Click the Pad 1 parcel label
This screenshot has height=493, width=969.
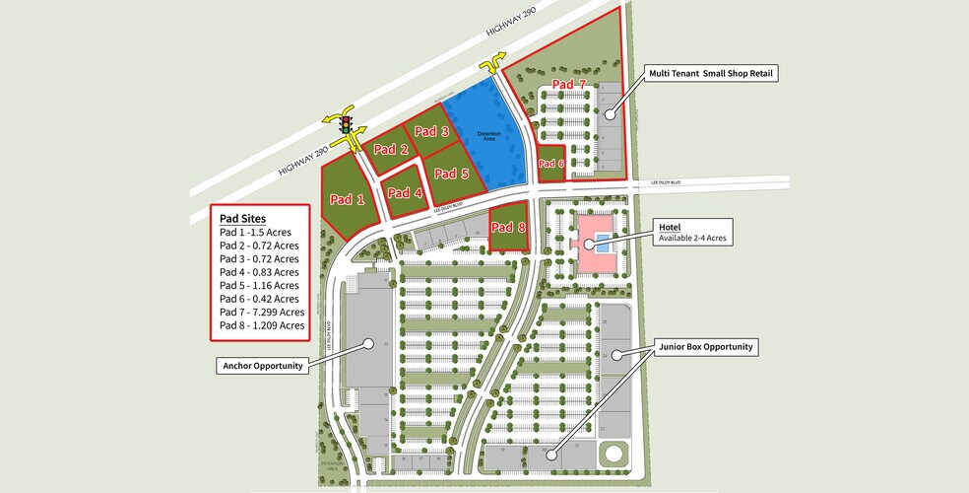347,199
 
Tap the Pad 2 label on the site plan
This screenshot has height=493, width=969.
391,150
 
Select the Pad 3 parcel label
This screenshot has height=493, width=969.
431,131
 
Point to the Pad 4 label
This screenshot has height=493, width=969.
405,193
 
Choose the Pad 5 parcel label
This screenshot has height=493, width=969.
451,175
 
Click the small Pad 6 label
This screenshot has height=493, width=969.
550,164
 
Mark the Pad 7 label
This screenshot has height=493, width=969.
568,84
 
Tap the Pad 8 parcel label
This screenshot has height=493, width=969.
508,226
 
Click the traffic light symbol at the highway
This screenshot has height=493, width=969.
346,125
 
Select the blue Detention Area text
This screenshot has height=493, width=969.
489,136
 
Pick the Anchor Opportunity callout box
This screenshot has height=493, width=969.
262,367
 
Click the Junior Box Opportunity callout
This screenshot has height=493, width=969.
707,347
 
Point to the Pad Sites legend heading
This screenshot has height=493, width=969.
242,218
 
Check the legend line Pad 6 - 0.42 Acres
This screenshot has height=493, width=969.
258,299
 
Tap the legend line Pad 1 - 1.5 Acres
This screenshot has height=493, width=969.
257,232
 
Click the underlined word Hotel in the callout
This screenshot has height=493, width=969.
670,227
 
